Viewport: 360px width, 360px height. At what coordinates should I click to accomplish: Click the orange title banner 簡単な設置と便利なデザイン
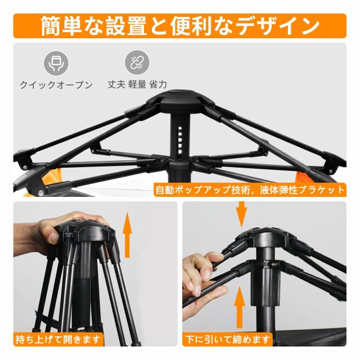click(x=180, y=25)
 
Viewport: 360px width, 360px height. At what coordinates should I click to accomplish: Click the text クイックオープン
click(x=56, y=85)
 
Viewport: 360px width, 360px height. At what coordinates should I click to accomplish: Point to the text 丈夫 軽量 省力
click(x=138, y=85)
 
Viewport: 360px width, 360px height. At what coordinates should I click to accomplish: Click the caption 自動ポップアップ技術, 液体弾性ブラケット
click(x=250, y=190)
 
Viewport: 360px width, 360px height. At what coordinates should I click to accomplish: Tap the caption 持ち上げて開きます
click(x=59, y=339)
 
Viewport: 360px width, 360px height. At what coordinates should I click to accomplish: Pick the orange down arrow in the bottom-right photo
click(x=242, y=213)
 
